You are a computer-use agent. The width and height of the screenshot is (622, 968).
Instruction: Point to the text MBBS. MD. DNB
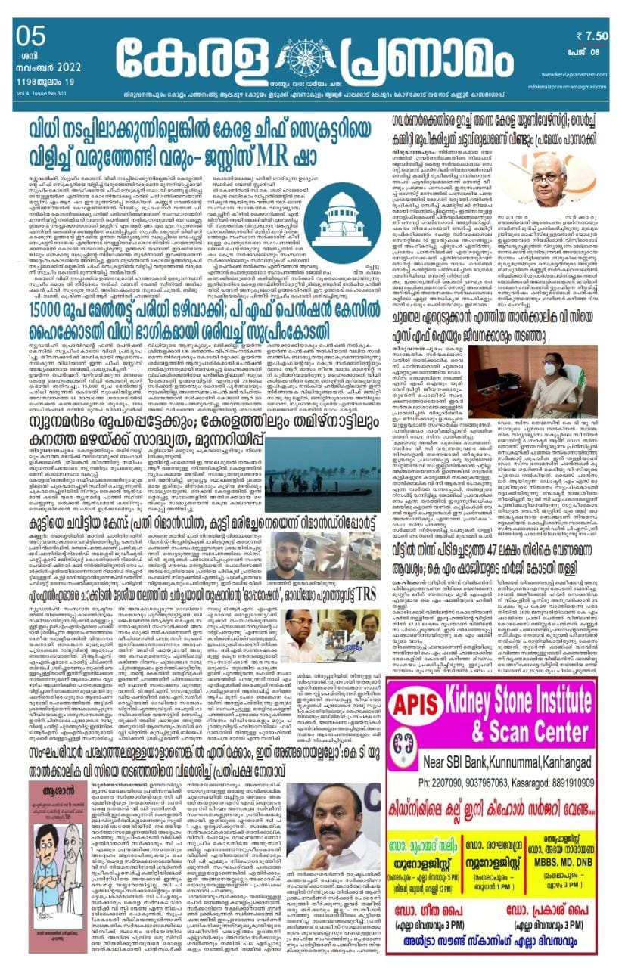point(564,864)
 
